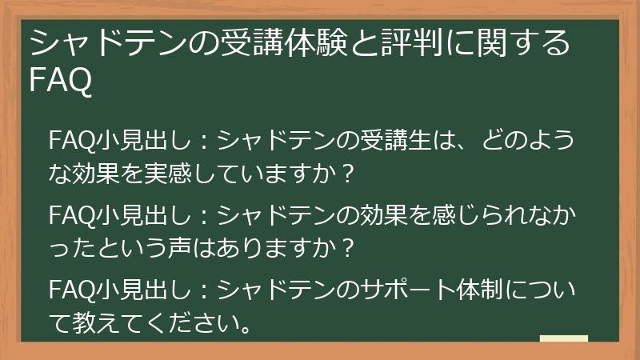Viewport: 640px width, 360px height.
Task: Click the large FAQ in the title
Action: coord(60,80)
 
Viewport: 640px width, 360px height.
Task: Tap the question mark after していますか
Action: coord(346,172)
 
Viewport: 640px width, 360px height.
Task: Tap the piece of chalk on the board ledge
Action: coord(563,338)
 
